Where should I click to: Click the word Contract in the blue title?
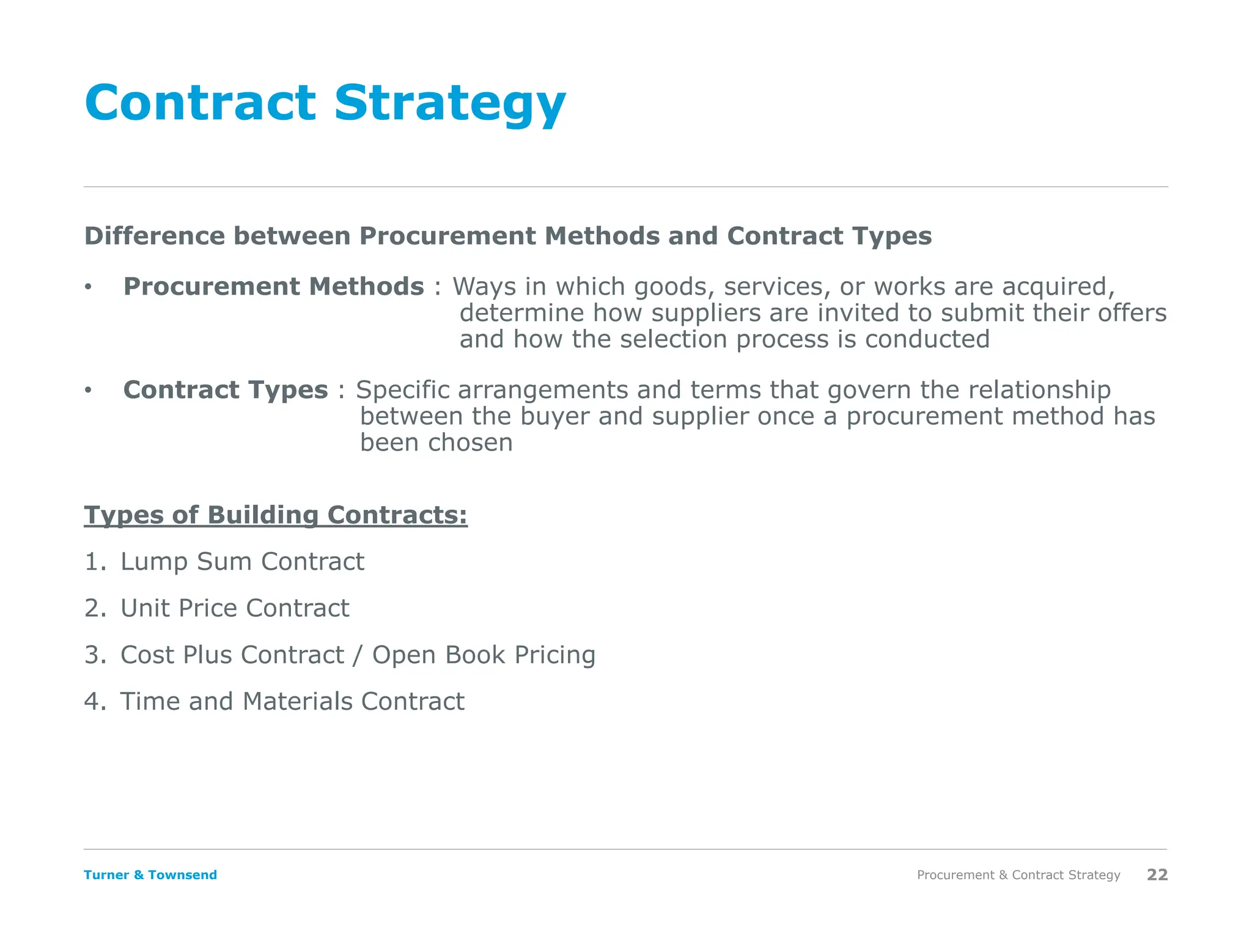pos(201,103)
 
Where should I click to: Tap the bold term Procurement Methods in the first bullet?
pos(273,287)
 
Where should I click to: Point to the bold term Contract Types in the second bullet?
pos(226,390)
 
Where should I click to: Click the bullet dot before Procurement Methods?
pos(88,287)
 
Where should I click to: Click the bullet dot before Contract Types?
pos(88,390)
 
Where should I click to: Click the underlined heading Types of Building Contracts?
pos(275,515)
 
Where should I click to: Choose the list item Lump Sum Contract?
pos(242,562)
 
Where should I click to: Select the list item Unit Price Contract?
pos(235,608)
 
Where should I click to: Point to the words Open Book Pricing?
pos(484,655)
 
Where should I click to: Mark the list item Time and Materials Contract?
pos(292,702)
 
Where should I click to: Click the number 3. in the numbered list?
pos(95,655)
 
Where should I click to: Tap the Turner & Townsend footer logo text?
pos(150,875)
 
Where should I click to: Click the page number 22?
pos(1157,875)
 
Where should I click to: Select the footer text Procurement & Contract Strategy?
pos(1018,875)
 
